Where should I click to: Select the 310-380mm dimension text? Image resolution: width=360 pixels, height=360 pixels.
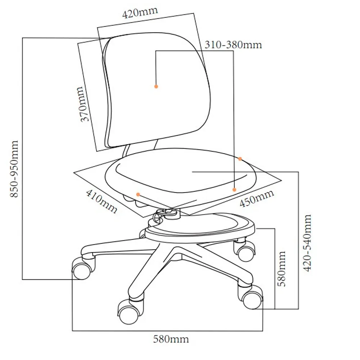233,45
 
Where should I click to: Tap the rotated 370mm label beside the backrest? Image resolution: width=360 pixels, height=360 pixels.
84,104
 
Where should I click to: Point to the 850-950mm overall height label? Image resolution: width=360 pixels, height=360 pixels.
14,169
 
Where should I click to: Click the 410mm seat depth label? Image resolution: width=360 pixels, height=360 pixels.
102,201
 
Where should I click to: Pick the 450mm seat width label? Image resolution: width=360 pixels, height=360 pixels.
257,198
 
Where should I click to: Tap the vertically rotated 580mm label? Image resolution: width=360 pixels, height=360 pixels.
282,269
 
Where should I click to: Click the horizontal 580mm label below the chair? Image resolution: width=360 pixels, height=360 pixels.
171,339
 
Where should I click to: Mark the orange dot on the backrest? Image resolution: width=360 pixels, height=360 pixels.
156,86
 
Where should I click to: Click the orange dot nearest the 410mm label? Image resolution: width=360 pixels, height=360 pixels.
138,194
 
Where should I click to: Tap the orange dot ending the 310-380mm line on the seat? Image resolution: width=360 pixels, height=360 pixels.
234,189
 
